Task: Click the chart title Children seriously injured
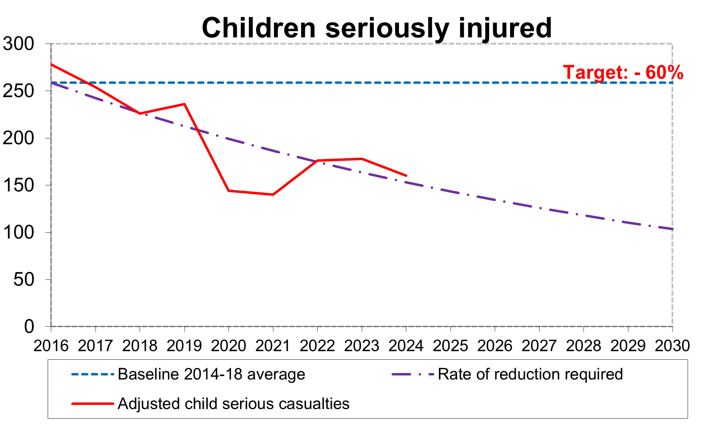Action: [376, 28]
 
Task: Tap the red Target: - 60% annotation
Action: [623, 73]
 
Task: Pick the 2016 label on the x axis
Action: [51, 346]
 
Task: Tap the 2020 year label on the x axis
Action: [228, 346]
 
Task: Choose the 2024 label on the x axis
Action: [406, 346]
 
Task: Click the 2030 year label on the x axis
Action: [672, 346]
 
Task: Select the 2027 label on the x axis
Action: [539, 346]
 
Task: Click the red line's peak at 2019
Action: [184, 104]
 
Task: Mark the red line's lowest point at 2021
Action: [273, 194]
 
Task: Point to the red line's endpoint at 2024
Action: [406, 175]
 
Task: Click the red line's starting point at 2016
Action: [52, 64]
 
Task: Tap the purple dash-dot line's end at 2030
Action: [672, 229]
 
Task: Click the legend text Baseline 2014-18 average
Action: [211, 374]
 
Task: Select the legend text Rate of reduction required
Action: [530, 374]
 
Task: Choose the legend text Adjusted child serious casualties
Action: [234, 404]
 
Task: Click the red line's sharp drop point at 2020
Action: [228, 191]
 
